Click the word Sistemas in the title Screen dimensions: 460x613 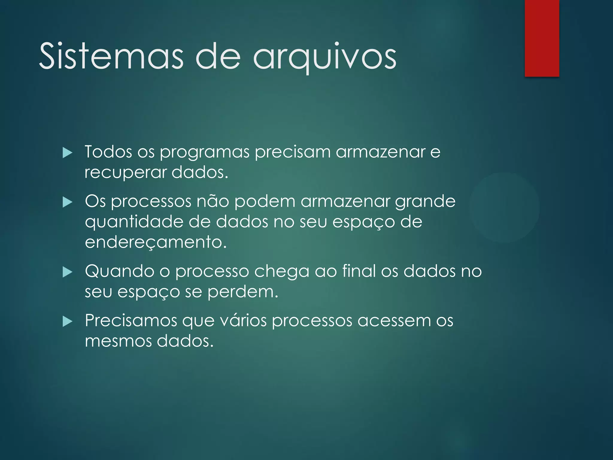pyautogui.click(x=111, y=56)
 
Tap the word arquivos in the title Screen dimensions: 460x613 pyautogui.click(x=325, y=57)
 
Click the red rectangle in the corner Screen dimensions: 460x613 pyautogui.click(x=542, y=38)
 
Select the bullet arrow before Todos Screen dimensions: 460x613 pyautogui.click(x=68, y=153)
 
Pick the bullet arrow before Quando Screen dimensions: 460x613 pyautogui.click(x=68, y=272)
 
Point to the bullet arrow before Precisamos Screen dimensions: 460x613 pyautogui.click(x=68, y=322)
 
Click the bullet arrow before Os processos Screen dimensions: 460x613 pyautogui.click(x=68, y=202)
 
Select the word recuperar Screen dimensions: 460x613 pyautogui.click(x=125, y=172)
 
